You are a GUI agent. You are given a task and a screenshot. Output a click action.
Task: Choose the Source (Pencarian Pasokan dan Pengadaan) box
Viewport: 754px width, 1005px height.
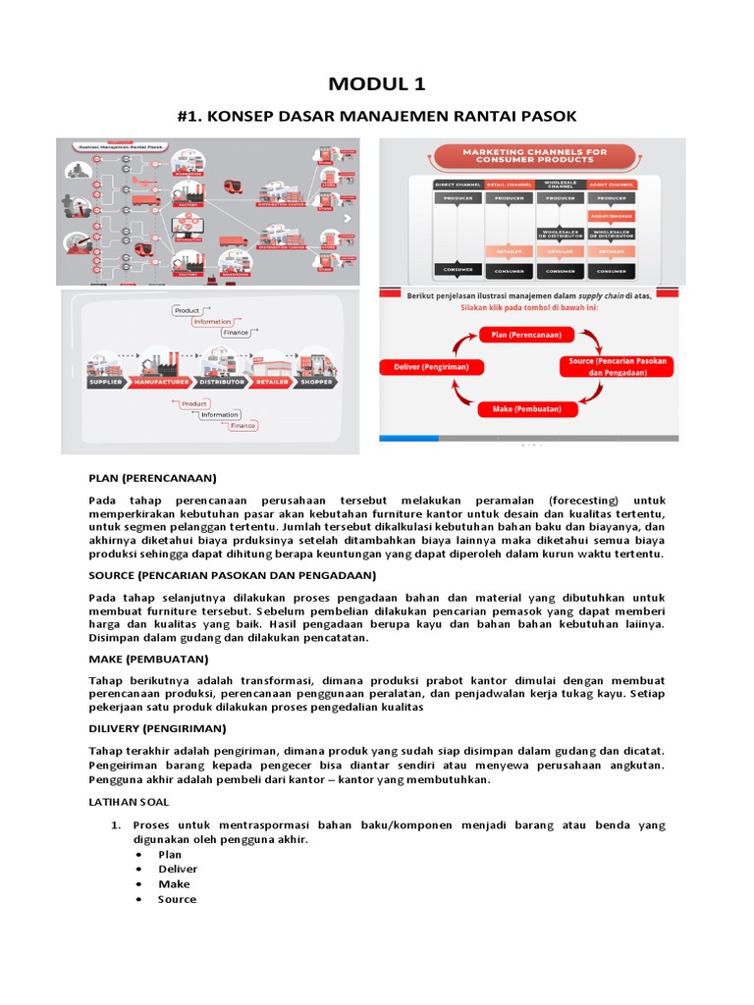tap(617, 367)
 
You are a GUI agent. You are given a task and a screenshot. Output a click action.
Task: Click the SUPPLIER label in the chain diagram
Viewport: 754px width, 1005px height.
tap(105, 382)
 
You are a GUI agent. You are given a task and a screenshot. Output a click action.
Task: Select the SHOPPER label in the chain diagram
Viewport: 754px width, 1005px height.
tap(317, 382)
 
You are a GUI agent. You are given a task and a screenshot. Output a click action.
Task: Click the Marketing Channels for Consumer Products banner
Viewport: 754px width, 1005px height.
tap(532, 156)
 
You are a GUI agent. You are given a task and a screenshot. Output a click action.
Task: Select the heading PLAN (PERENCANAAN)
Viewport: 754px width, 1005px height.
tap(151, 478)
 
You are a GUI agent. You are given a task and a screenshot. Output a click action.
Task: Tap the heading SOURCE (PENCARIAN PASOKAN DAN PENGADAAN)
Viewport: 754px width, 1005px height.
tap(232, 575)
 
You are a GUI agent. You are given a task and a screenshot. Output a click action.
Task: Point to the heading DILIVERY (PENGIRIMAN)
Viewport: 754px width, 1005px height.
tap(157, 728)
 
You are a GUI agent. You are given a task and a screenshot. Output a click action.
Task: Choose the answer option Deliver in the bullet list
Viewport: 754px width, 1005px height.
tap(178, 869)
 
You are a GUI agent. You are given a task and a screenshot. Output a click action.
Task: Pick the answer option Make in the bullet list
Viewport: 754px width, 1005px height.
tap(174, 883)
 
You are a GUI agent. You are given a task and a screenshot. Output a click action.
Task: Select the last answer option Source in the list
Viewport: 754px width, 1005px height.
tap(177, 899)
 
